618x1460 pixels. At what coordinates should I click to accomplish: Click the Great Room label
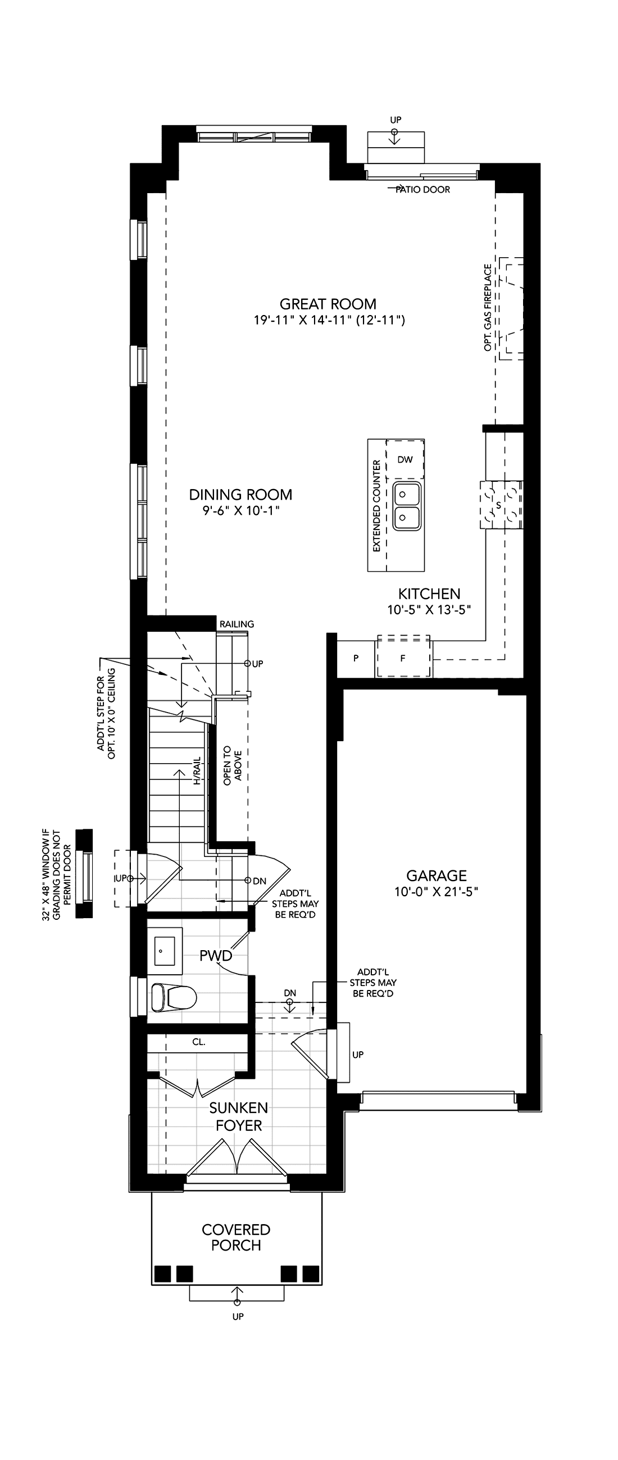(328, 304)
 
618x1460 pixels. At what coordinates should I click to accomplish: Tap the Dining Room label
(241, 495)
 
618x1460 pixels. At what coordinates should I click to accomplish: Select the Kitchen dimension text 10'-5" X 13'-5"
(429, 609)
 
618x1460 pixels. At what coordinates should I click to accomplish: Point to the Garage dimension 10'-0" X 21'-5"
(437, 892)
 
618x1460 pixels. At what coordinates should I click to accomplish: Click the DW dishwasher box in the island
(405, 460)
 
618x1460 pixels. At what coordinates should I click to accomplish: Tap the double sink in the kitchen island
(407, 506)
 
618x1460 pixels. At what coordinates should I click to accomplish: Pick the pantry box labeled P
(356, 658)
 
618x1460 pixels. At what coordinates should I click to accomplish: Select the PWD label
(216, 956)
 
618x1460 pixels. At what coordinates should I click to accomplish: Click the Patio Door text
(423, 190)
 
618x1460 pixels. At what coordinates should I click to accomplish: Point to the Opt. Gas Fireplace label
(488, 307)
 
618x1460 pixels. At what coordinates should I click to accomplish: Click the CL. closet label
(198, 1042)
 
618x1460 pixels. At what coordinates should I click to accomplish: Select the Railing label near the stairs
(237, 624)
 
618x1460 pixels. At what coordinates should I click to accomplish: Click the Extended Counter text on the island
(376, 506)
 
